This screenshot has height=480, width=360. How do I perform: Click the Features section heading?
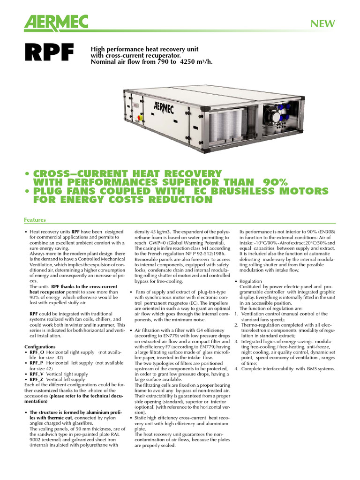35,220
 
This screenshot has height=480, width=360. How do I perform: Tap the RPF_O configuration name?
37,352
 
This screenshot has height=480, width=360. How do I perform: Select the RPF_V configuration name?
37,374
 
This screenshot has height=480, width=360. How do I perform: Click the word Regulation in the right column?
251,281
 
